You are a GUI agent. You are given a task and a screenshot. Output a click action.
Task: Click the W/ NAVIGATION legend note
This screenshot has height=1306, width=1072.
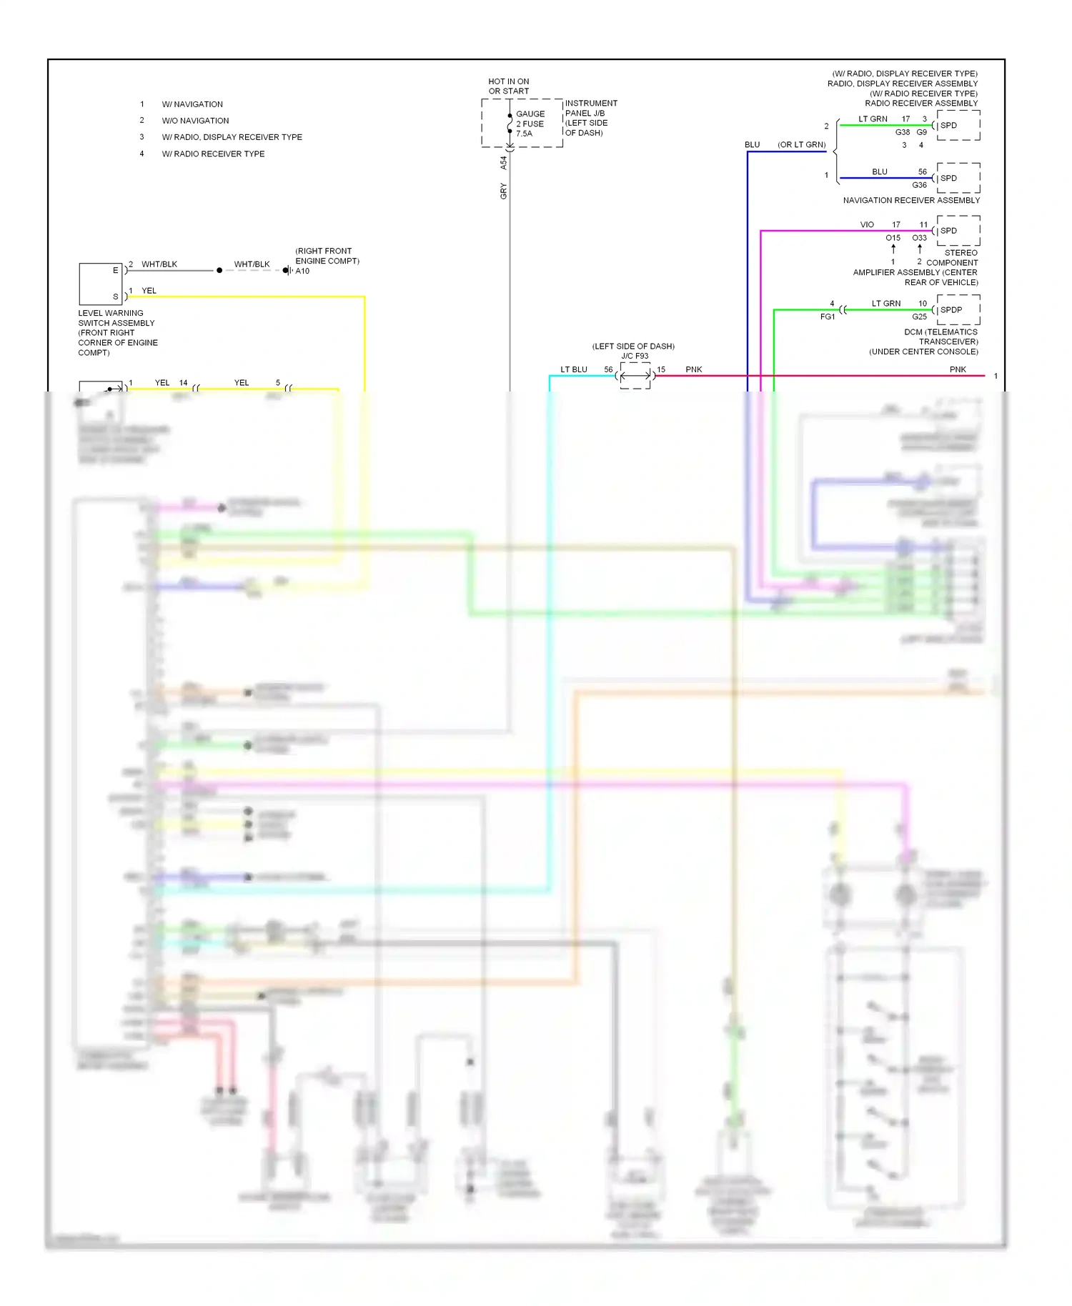click(192, 104)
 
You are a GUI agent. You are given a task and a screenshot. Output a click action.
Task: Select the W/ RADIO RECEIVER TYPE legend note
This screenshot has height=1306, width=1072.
click(213, 154)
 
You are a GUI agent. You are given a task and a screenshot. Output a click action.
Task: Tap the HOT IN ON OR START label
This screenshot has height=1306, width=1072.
click(509, 86)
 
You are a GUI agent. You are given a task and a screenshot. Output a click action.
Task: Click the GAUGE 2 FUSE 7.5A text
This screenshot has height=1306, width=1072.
click(530, 124)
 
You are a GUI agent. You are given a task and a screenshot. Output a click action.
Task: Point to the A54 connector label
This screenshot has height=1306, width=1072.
click(504, 163)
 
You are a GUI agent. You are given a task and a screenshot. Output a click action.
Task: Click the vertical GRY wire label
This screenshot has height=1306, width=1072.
click(504, 191)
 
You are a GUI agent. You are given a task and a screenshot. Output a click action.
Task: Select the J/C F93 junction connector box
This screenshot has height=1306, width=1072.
click(635, 376)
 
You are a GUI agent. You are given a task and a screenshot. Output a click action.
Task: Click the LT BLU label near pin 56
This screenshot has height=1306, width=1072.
click(574, 369)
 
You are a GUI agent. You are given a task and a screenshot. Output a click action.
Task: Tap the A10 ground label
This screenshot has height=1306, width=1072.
click(303, 271)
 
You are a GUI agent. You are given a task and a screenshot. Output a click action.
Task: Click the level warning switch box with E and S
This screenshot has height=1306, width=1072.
click(101, 284)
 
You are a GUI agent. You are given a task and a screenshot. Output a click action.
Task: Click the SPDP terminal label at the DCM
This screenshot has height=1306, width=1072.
click(951, 310)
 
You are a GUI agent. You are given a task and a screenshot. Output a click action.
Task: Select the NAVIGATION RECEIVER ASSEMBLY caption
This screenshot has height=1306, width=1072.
click(910, 201)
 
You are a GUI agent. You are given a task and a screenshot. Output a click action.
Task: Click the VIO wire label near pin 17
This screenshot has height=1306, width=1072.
click(867, 225)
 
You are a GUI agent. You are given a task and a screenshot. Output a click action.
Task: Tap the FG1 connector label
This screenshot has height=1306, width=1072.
click(828, 316)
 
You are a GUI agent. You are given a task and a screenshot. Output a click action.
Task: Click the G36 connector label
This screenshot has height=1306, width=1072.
click(919, 185)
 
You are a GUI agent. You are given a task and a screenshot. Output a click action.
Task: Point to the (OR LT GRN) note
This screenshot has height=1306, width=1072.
click(802, 145)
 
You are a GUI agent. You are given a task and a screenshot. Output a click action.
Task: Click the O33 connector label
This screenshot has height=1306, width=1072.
click(919, 238)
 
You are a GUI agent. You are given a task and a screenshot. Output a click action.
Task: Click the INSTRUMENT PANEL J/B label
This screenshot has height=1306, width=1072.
click(591, 109)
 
